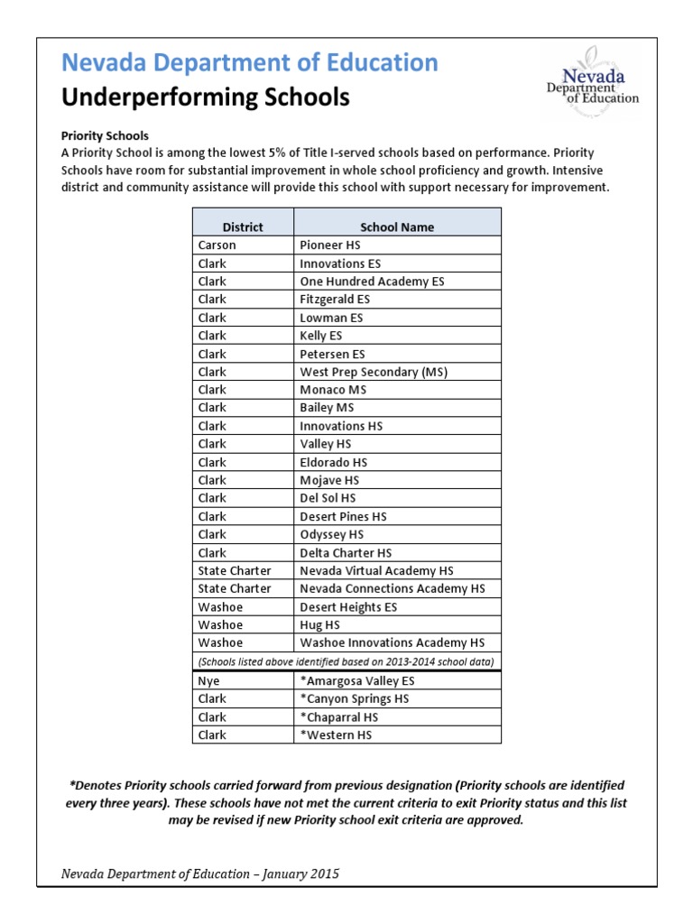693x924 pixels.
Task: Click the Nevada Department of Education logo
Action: [x=590, y=82]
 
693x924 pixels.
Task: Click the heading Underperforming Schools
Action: [x=205, y=97]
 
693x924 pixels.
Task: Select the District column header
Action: [x=243, y=227]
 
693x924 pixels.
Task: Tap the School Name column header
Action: [x=397, y=227]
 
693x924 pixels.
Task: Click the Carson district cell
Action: [x=217, y=245]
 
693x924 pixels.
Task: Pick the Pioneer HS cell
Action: [x=330, y=245]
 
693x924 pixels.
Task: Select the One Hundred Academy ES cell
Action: [x=372, y=282]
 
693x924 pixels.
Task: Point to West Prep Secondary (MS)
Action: [x=374, y=372]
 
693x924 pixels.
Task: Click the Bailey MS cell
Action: [x=327, y=408]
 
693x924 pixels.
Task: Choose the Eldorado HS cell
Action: [x=333, y=462]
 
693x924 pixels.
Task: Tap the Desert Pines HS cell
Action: [x=343, y=516]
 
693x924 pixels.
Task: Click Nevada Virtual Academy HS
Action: [x=376, y=570]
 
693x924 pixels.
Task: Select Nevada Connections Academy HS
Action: [x=392, y=588]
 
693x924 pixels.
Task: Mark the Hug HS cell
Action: [x=319, y=624]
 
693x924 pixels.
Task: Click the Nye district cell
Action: [x=209, y=680]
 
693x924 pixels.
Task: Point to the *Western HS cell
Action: [x=336, y=735]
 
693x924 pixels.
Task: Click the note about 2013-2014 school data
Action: [x=346, y=661]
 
